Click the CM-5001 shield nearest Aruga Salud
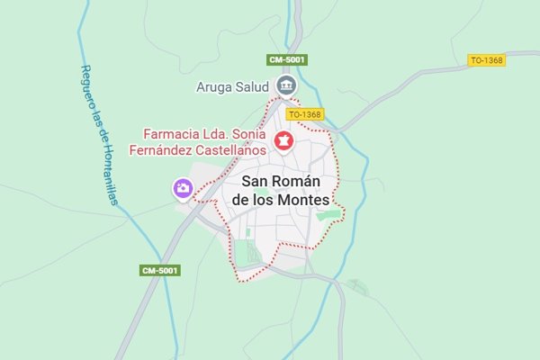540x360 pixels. tap(288, 59)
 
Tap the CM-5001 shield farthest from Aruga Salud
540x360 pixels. tap(160, 270)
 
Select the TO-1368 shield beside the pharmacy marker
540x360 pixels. tap(305, 114)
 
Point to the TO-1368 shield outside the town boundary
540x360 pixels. tap(486, 60)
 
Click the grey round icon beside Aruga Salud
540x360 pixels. tap(287, 85)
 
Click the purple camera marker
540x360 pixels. tap(183, 188)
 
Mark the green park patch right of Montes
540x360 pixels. tap(330, 215)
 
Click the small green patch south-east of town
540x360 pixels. tap(358, 286)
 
